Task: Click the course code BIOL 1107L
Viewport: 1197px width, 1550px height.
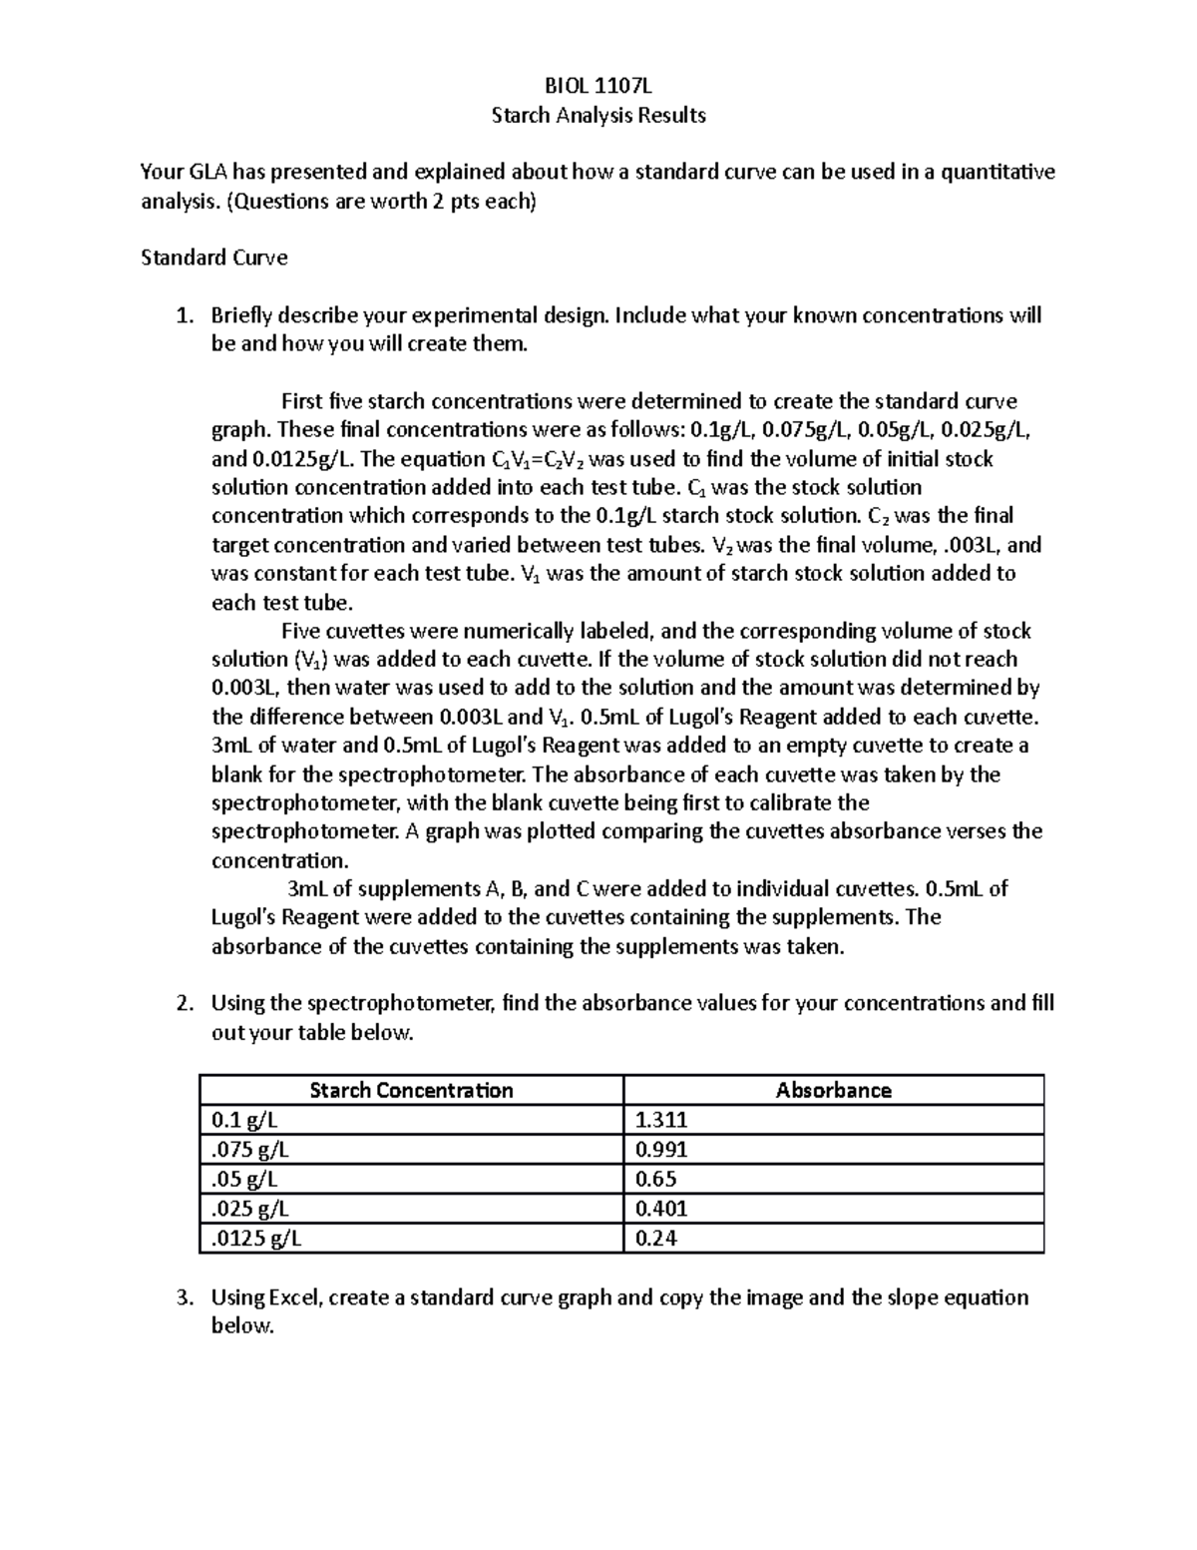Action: coord(598,86)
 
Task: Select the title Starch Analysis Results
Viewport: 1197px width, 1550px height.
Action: coord(598,115)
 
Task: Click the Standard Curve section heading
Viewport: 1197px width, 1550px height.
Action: coord(213,258)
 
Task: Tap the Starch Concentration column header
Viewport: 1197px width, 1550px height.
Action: coord(411,1090)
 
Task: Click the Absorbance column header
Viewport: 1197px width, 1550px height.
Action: coord(833,1090)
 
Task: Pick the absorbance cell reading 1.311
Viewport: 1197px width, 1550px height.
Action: coord(661,1120)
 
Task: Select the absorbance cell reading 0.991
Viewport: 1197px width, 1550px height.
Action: coord(661,1149)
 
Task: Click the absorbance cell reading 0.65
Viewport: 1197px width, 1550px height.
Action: coord(655,1179)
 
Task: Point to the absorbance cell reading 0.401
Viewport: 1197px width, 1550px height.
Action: coord(661,1209)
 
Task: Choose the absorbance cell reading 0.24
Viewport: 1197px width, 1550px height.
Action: coord(655,1239)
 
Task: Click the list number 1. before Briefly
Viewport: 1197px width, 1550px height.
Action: coord(183,315)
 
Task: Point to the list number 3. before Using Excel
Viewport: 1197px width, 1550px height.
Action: coord(183,1297)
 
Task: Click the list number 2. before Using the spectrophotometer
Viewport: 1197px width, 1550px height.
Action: coord(183,1003)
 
